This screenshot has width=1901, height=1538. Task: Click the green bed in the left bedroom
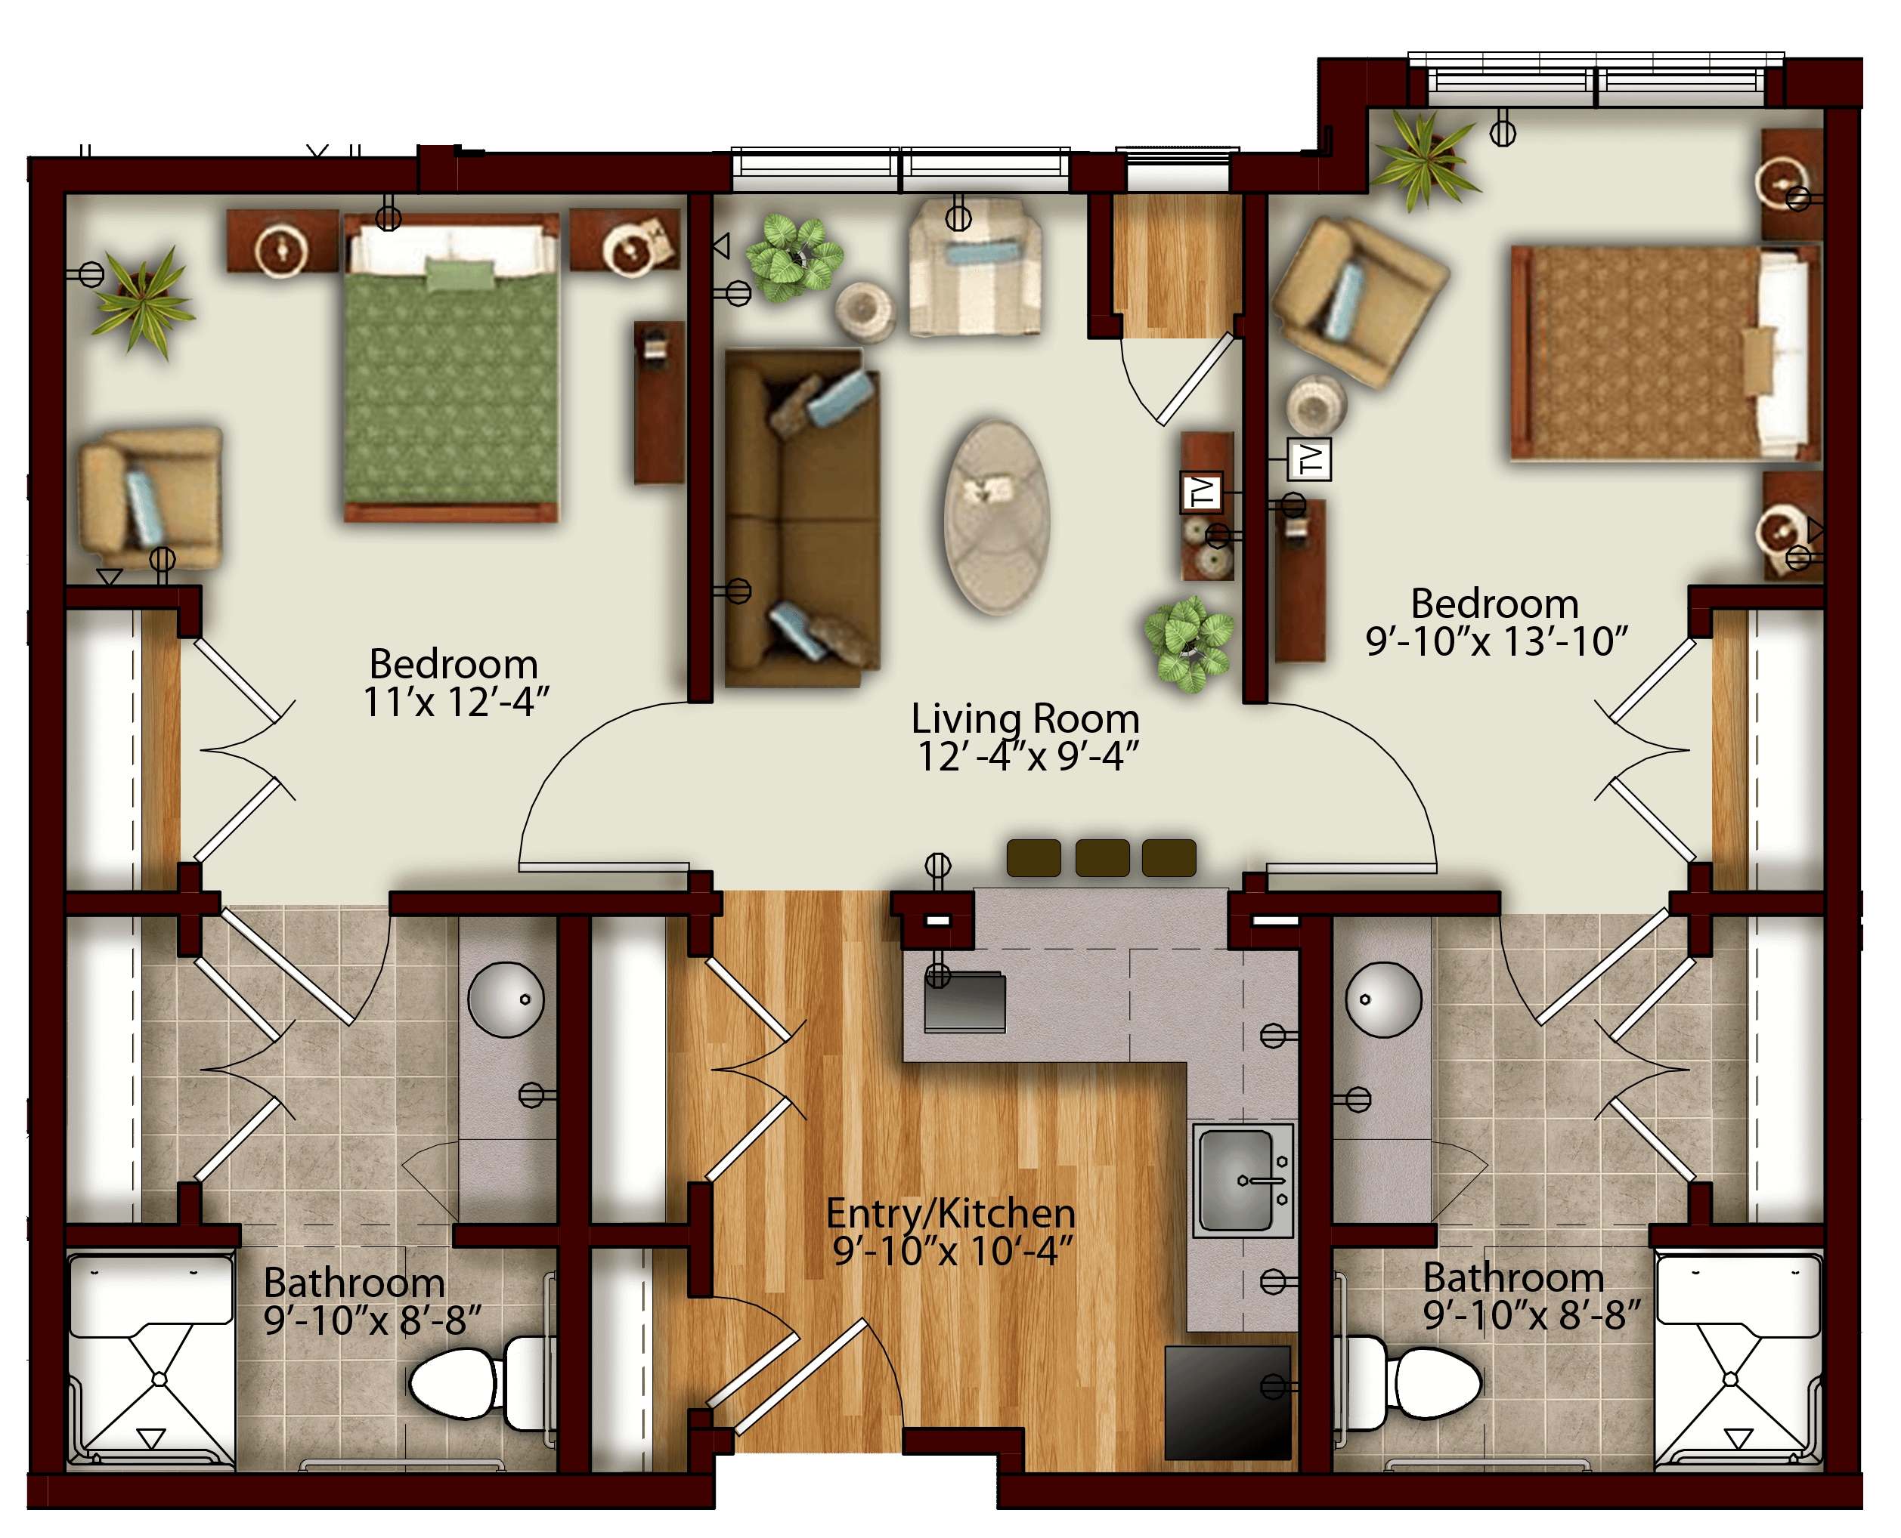click(451, 368)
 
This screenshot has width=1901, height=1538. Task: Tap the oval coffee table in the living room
click(997, 517)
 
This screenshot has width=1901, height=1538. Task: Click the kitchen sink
click(1243, 1180)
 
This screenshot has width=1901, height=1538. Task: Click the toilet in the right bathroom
click(1409, 1383)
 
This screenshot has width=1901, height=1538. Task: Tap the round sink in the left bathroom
click(506, 1000)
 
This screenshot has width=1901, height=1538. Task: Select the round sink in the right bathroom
click(1383, 1000)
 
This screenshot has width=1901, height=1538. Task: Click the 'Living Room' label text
click(1026, 718)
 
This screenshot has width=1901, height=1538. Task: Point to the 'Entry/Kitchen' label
click(951, 1213)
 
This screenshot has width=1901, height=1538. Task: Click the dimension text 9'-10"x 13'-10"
click(1497, 641)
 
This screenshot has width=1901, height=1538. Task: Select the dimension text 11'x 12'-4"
click(457, 702)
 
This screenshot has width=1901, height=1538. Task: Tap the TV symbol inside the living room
click(1202, 492)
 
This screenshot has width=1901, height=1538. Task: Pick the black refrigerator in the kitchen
click(1228, 1403)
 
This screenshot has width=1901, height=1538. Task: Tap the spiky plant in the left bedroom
click(142, 301)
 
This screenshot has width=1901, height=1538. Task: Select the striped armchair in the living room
click(975, 267)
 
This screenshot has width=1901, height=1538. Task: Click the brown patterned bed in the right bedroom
click(1666, 353)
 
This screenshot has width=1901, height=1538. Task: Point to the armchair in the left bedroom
click(150, 499)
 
